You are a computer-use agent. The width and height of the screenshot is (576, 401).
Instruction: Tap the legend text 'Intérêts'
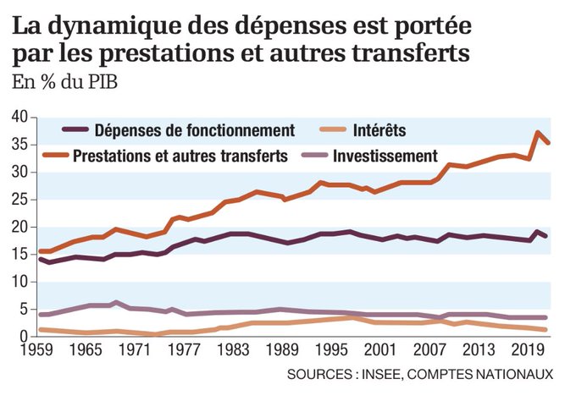(x=380, y=130)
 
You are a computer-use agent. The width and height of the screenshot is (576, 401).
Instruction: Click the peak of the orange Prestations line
(x=537, y=133)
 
